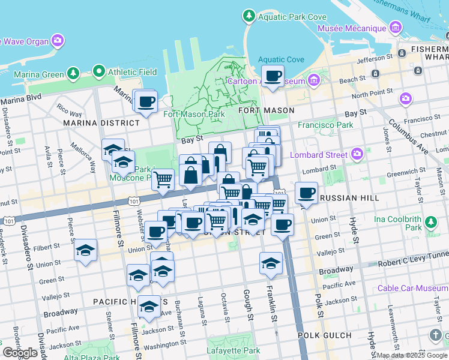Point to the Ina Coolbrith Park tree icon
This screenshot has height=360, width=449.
click(x=430, y=223)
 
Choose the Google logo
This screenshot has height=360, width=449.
click(x=20, y=353)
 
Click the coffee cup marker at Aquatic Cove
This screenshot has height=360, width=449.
click(x=273, y=76)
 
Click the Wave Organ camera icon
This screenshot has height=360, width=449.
click(x=58, y=41)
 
